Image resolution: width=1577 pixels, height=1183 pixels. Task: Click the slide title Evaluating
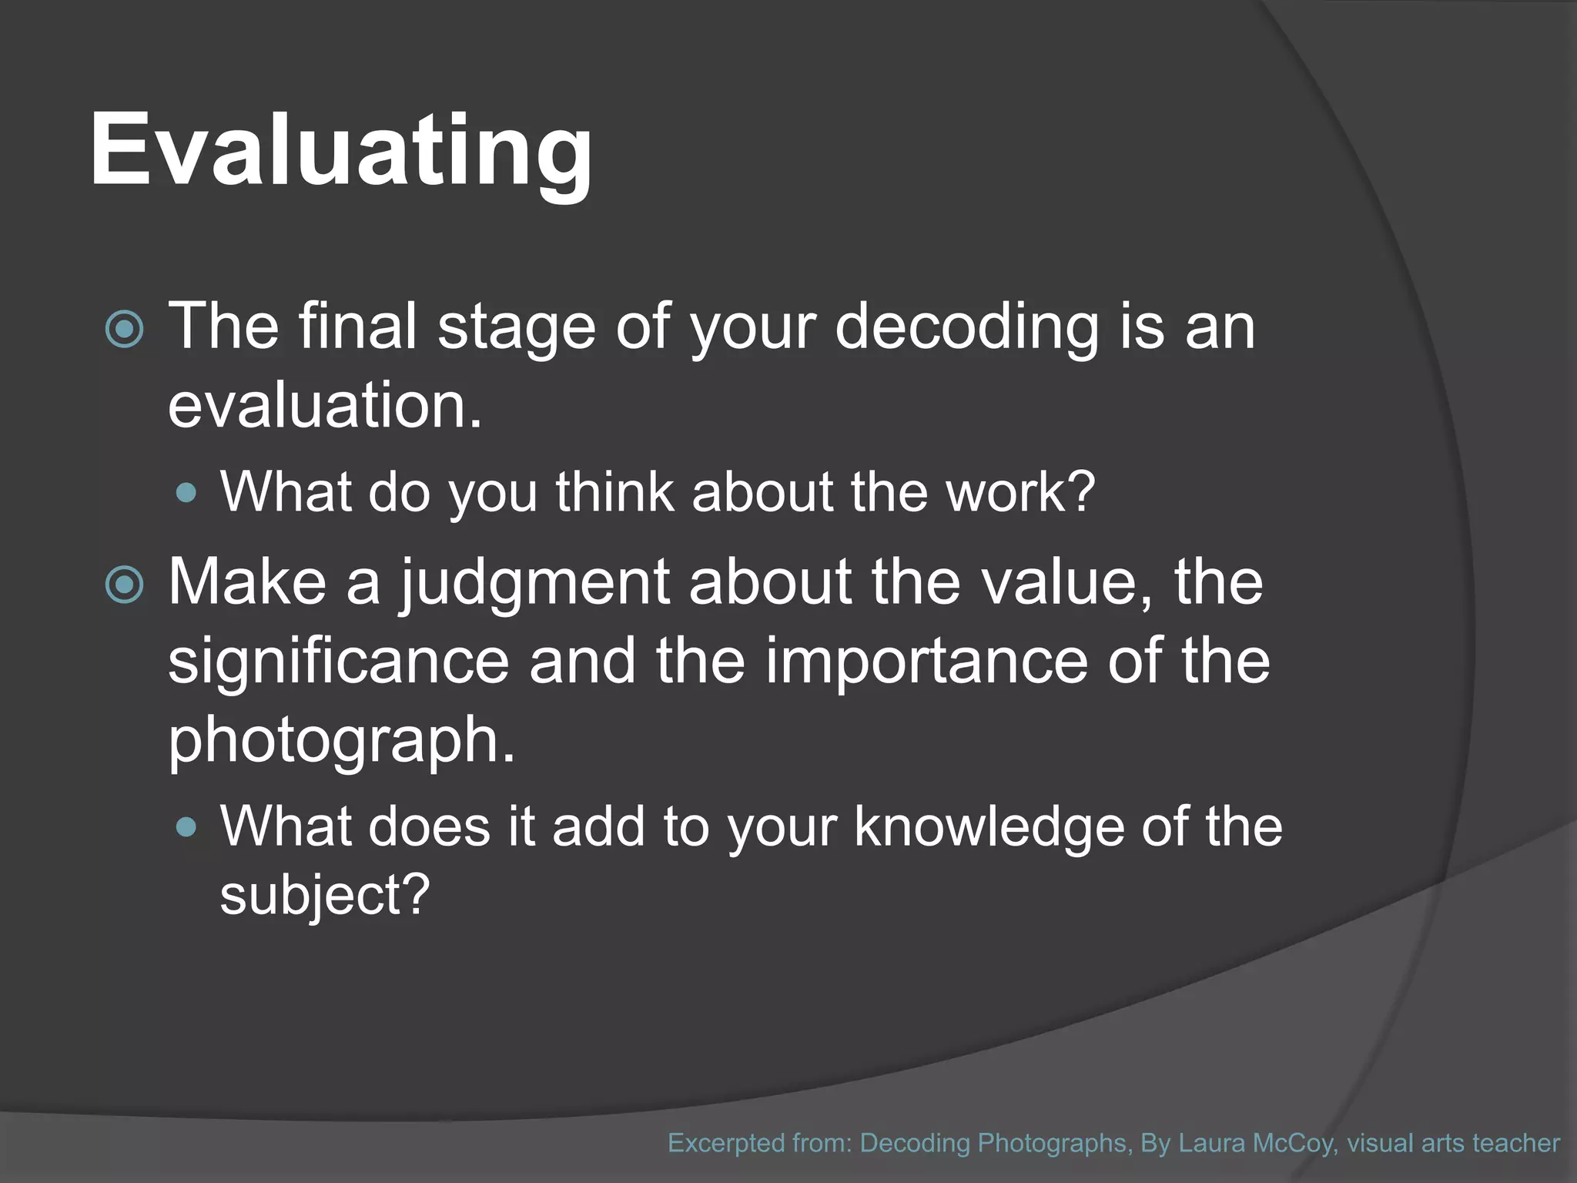pyautogui.click(x=341, y=150)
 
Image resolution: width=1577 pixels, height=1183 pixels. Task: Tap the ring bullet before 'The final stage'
pyautogui.click(x=124, y=330)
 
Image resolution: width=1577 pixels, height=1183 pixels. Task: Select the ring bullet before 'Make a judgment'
pyautogui.click(x=124, y=585)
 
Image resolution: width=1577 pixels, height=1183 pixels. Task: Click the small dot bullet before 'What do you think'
pyautogui.click(x=186, y=493)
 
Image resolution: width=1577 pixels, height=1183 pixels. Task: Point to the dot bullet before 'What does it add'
pyautogui.click(x=186, y=828)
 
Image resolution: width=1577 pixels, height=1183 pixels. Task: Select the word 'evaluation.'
pyautogui.click(x=325, y=406)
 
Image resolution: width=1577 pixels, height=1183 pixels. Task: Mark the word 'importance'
pyautogui.click(x=926, y=662)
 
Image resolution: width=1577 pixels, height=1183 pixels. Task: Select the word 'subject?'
pyautogui.click(x=324, y=896)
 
